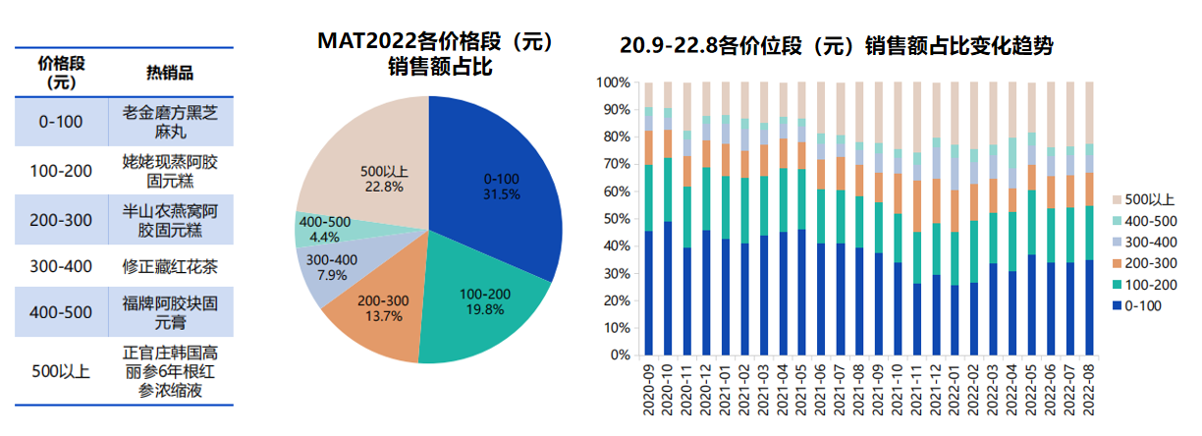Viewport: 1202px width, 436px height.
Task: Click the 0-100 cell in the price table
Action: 62,122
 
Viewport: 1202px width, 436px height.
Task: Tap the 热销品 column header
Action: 169,74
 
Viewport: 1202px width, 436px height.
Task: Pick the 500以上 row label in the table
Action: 62,372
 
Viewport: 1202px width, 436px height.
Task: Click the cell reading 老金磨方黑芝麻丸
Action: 169,122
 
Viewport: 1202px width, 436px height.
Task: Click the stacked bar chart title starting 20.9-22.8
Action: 836,46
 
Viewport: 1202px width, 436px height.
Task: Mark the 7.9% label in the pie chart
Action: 332,268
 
